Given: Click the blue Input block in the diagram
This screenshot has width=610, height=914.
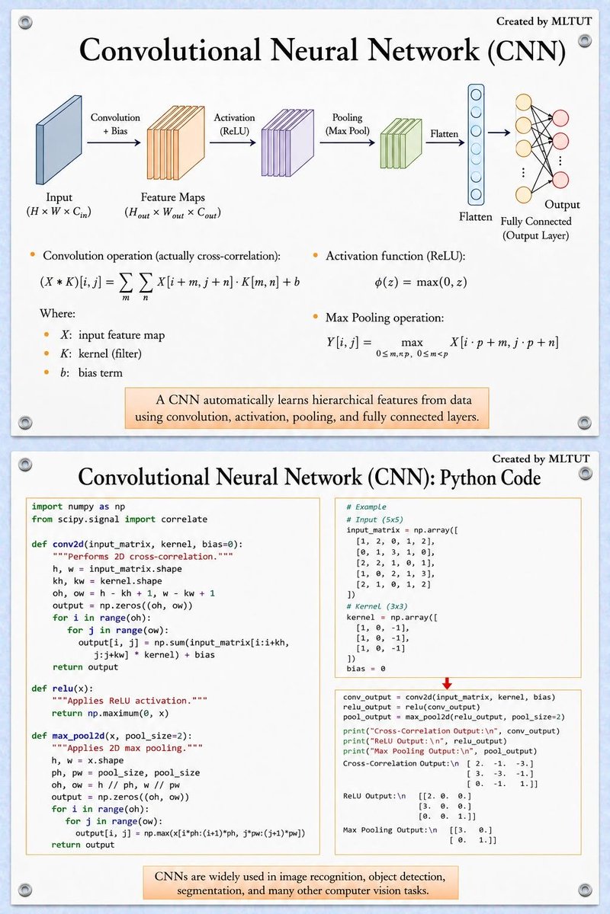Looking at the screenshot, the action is pyautogui.click(x=59, y=140).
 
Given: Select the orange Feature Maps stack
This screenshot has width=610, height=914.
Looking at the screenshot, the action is pyautogui.click(x=175, y=143).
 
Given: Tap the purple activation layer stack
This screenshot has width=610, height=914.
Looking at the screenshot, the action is pyautogui.click(x=287, y=143).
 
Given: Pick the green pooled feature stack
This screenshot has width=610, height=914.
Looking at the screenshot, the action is pyautogui.click(x=401, y=144).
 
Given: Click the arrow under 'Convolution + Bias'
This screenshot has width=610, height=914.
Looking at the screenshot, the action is pyautogui.click(x=114, y=143).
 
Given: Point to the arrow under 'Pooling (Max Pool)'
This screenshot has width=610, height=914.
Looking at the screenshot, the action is pyautogui.click(x=347, y=143).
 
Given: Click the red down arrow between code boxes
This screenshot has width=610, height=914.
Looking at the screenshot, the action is pyautogui.click(x=447, y=683).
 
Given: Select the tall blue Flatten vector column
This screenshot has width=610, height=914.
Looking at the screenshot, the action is pyautogui.click(x=476, y=145).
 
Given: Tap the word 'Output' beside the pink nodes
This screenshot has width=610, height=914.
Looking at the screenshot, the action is pyautogui.click(x=562, y=204).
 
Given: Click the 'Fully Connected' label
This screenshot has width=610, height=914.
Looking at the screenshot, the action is pyautogui.click(x=536, y=221).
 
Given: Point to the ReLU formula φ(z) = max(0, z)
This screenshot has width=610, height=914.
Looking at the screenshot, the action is pyautogui.click(x=421, y=282).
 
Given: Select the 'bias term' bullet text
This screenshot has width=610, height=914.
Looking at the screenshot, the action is pyautogui.click(x=101, y=372).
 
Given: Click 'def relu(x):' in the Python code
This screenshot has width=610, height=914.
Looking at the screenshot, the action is pyautogui.click(x=63, y=689).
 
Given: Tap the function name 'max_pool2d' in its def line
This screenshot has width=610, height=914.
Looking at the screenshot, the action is pyautogui.click(x=79, y=736).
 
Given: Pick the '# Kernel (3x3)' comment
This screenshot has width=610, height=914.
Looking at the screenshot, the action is pyautogui.click(x=377, y=606).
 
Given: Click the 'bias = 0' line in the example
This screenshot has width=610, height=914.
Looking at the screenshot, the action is pyautogui.click(x=366, y=669).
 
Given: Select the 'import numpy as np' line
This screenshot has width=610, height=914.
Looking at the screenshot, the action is pyautogui.click(x=79, y=507).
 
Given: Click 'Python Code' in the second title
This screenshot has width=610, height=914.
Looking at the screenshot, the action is pyautogui.click(x=490, y=478).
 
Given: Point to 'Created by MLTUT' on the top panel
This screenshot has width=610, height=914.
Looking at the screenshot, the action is pyautogui.click(x=544, y=21).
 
